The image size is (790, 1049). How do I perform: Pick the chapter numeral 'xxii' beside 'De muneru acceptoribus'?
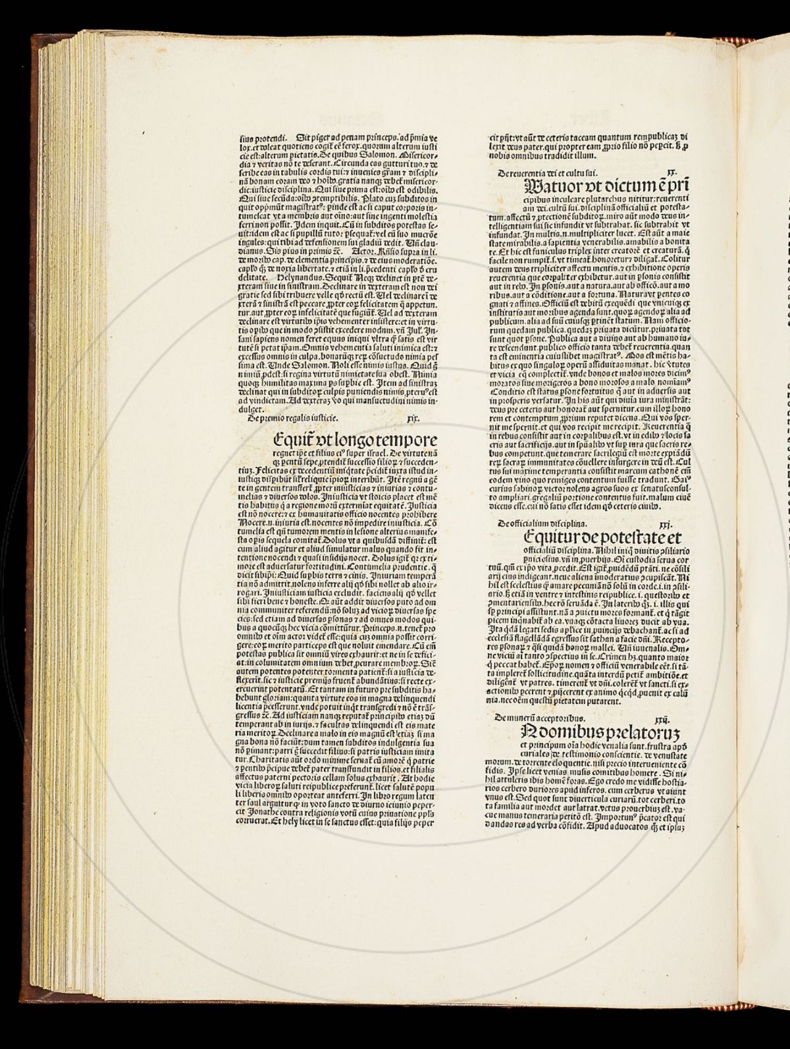658,719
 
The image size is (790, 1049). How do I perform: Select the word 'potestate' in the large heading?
636,537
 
